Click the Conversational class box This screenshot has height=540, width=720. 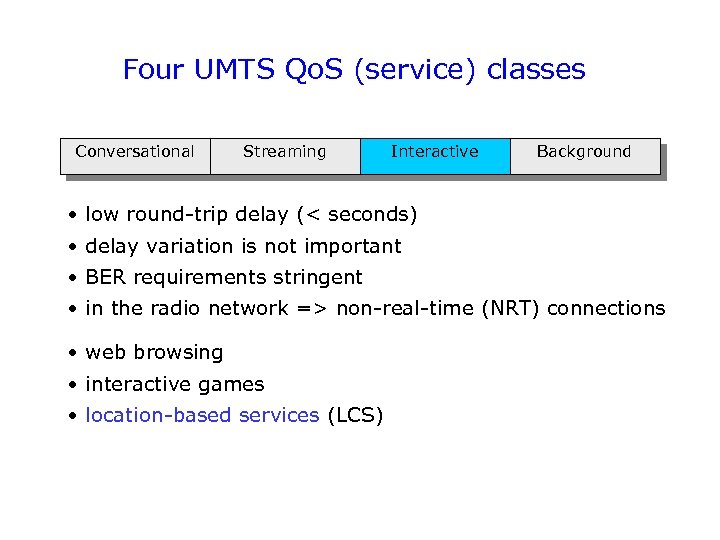tap(135, 153)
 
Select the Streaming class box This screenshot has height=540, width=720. tap(285, 153)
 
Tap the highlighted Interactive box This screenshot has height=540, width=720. tap(435, 153)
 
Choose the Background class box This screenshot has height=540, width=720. tap(585, 153)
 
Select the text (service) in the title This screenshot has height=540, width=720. tap(410, 70)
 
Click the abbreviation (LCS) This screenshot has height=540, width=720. tap(355, 415)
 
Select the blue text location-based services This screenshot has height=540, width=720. tap(202, 415)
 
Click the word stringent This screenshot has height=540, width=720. tap(321, 277)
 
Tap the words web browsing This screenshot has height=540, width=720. tap(154, 352)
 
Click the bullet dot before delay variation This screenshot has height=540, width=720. tap(74, 246)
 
